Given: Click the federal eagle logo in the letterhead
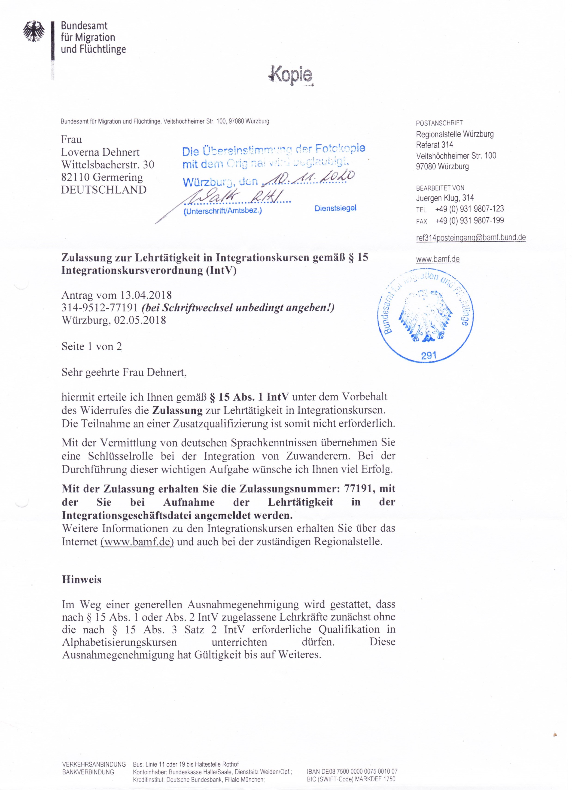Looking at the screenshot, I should tap(34, 32).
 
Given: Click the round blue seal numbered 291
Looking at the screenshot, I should tap(426, 315).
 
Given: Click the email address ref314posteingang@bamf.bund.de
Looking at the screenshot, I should tap(471, 237).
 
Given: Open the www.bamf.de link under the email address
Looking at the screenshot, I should tap(438, 259).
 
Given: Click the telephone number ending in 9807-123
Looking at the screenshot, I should tap(469, 209).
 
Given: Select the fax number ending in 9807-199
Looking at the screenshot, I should tap(469, 220).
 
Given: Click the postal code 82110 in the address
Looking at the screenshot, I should tap(75, 177).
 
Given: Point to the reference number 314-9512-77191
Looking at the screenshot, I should tap(100, 308).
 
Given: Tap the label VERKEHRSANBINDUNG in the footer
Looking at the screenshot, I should tap(94, 765).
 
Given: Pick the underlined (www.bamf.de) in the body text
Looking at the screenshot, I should tap(137, 542).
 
